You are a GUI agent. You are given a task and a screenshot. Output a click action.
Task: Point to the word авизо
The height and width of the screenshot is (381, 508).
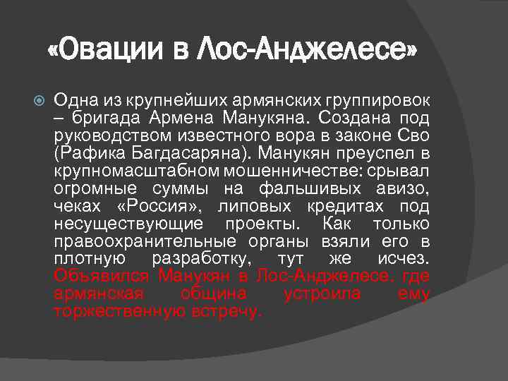click(401, 190)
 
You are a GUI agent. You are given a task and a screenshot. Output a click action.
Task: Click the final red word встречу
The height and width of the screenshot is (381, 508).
click(226, 311)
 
